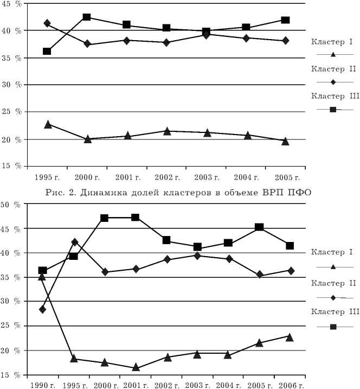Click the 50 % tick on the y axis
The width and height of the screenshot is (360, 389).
(x=12, y=205)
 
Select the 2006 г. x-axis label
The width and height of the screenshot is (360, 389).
(x=291, y=385)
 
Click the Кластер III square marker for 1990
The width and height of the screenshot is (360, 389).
(x=43, y=270)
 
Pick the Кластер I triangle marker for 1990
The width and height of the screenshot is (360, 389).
(x=42, y=277)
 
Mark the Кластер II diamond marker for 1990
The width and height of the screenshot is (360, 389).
(x=43, y=309)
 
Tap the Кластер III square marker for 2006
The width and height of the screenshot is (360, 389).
(x=290, y=245)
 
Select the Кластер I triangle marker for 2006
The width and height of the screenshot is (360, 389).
(x=290, y=337)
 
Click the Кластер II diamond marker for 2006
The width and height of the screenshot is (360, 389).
(x=291, y=270)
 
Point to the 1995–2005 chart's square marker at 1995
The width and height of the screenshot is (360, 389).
(x=47, y=51)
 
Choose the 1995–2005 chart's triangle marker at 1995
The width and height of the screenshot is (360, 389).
(x=48, y=124)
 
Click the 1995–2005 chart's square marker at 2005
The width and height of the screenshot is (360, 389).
(x=285, y=20)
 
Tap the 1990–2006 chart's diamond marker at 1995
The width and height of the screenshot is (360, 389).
(x=74, y=242)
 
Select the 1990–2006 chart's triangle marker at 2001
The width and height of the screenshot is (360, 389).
(x=136, y=367)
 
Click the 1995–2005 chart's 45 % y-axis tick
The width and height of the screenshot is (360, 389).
(x=12, y=3)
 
